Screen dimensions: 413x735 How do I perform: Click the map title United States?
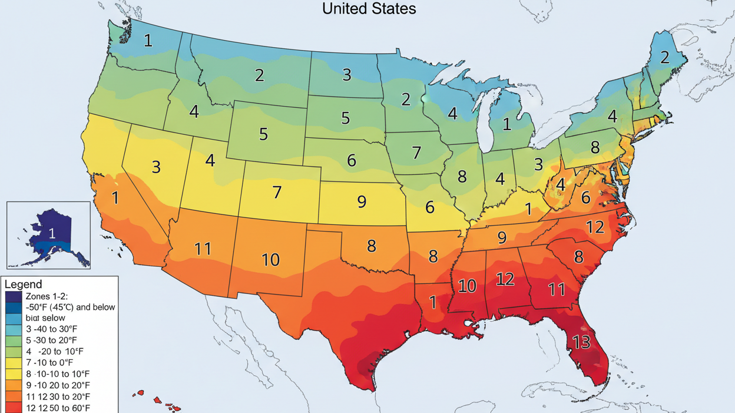click(x=369, y=8)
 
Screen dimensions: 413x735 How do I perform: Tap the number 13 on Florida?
click(x=581, y=342)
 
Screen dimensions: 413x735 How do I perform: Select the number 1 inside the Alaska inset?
click(x=52, y=233)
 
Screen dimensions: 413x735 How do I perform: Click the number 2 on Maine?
click(x=664, y=57)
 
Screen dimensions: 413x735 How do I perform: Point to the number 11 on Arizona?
click(x=203, y=249)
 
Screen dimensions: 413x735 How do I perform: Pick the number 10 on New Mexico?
click(x=270, y=259)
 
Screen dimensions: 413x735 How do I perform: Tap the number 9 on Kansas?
click(x=362, y=202)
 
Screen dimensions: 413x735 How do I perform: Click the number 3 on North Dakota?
click(x=347, y=74)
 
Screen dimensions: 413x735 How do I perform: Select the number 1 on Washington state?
click(x=148, y=41)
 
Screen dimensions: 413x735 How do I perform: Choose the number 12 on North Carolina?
click(x=595, y=227)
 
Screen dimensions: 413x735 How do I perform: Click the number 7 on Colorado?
click(x=277, y=192)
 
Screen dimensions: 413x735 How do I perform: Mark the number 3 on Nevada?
click(x=155, y=167)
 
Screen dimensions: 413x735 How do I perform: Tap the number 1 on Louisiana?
click(x=433, y=303)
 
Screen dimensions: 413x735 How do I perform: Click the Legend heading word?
click(x=23, y=285)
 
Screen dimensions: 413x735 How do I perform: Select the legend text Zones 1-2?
click(x=48, y=296)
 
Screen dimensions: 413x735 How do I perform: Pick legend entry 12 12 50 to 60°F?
click(x=58, y=408)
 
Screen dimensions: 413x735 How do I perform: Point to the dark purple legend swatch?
click(x=13, y=296)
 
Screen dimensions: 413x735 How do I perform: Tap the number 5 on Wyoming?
click(x=263, y=134)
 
